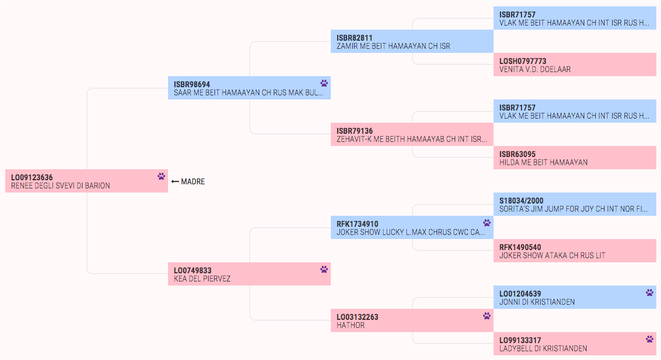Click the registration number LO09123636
[x=31, y=177]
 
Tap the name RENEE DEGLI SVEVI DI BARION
[x=60, y=186]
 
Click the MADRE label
[x=192, y=181]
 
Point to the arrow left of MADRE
[x=176, y=181]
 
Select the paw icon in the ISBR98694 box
[x=324, y=83]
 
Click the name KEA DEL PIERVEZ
[x=202, y=279]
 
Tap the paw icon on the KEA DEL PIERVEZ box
[x=324, y=269]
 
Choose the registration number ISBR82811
[x=354, y=38]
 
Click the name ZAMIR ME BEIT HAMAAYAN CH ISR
[x=393, y=47]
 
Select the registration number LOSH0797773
[x=523, y=61]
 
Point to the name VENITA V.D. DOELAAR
[x=535, y=70]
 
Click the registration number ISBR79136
[x=355, y=131]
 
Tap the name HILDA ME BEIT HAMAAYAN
[x=544, y=163]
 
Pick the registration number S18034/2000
[x=521, y=201]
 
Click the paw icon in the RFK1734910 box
[x=487, y=223]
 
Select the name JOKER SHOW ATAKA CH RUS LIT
[x=552, y=255]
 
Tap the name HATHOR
[x=351, y=326]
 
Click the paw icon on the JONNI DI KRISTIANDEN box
[x=649, y=292]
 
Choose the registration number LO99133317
[x=520, y=340]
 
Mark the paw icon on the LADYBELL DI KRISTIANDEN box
[x=649, y=338]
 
